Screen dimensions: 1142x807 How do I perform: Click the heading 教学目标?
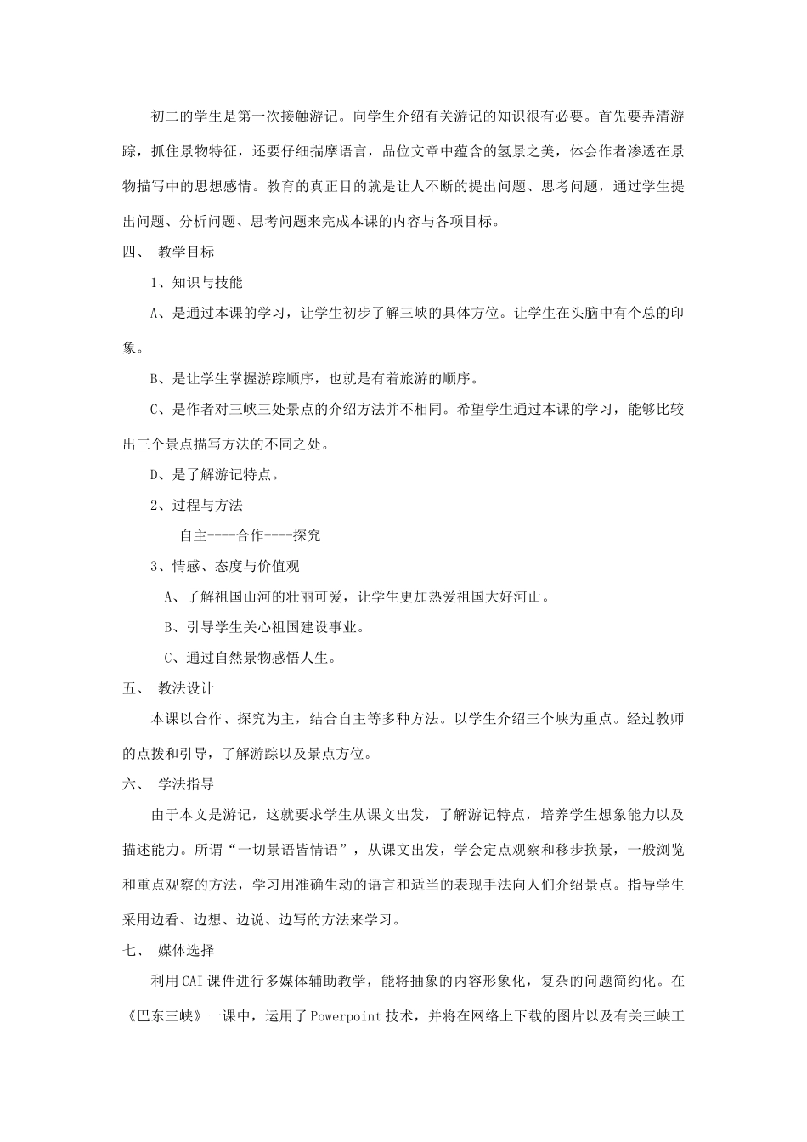(186, 252)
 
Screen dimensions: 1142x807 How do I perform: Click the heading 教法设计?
(186, 688)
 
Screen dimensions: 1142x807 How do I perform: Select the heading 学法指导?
(186, 784)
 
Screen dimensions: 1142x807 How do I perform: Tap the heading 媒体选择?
(186, 950)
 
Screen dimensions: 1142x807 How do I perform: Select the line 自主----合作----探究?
(250, 536)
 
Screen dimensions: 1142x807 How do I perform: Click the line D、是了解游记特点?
(215, 474)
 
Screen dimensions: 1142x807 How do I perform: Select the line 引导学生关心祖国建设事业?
(263, 628)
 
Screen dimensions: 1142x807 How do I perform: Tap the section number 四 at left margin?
(129, 252)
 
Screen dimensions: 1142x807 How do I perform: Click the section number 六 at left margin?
(129, 784)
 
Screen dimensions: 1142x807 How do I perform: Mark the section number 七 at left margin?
(129, 950)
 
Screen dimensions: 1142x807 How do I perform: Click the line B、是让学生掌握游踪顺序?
(314, 378)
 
